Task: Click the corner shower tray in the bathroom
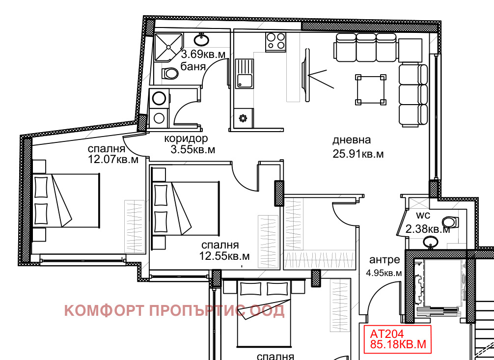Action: pyautogui.click(x=168, y=47)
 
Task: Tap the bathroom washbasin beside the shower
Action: pyautogui.click(x=201, y=40)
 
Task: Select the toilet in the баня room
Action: pyautogui.click(x=170, y=74)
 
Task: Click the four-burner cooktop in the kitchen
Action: pyautogui.click(x=275, y=42)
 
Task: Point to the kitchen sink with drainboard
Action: pyautogui.click(x=244, y=74)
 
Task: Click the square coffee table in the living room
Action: pyautogui.click(x=371, y=89)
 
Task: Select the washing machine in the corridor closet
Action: pyautogui.click(x=159, y=98)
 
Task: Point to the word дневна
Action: pyautogui.click(x=352, y=139)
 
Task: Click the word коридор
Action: pyautogui.click(x=186, y=138)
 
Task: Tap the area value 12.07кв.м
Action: pyautogui.click(x=113, y=159)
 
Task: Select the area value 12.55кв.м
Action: pyautogui.click(x=224, y=256)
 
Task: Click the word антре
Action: pyautogui.click(x=384, y=260)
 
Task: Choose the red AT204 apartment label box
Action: pyautogui.click(x=397, y=339)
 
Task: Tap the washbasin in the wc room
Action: pyautogui.click(x=430, y=242)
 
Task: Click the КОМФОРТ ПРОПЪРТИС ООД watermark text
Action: pyautogui.click(x=174, y=310)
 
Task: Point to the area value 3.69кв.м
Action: pyautogui.click(x=203, y=54)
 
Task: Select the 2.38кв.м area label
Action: pyautogui.click(x=428, y=229)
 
